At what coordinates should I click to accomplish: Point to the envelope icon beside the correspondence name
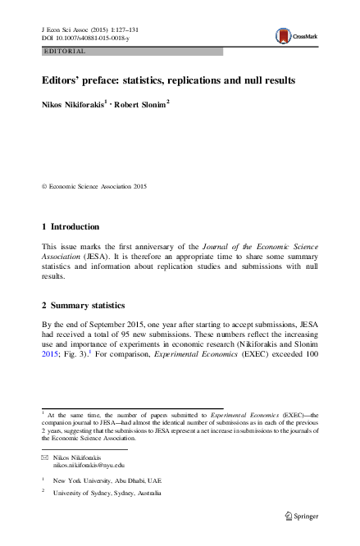44,456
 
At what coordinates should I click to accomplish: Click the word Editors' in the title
66,81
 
